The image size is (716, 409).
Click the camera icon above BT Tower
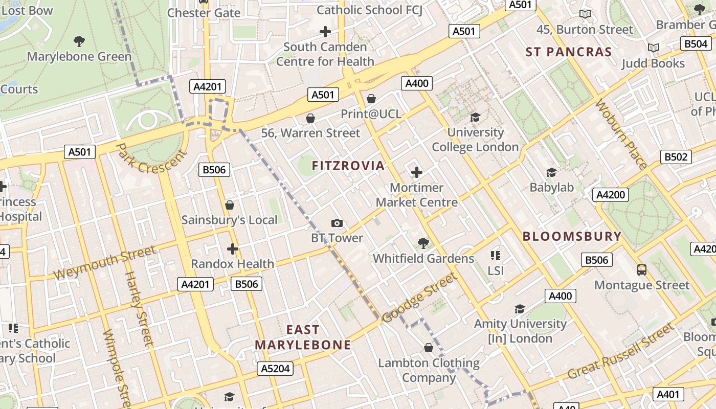337,223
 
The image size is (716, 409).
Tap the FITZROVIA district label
348,166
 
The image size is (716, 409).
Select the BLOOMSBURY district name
572,236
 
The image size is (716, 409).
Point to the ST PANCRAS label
569,52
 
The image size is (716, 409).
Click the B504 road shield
696,44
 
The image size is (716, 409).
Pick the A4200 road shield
610,195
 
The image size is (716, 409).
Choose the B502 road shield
676,157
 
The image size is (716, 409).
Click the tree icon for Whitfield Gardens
423,243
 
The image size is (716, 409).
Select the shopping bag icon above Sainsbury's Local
230,205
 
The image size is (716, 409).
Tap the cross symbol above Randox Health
233,249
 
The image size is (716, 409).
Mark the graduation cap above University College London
475,117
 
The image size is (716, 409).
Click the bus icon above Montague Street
641,269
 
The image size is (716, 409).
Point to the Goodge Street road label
419,298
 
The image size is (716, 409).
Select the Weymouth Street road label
104,262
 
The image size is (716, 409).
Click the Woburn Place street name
621,134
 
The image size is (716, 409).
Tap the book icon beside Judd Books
653,48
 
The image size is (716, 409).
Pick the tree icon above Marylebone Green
79,41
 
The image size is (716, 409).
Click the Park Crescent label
150,158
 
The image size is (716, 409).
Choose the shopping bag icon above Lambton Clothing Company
429,348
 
